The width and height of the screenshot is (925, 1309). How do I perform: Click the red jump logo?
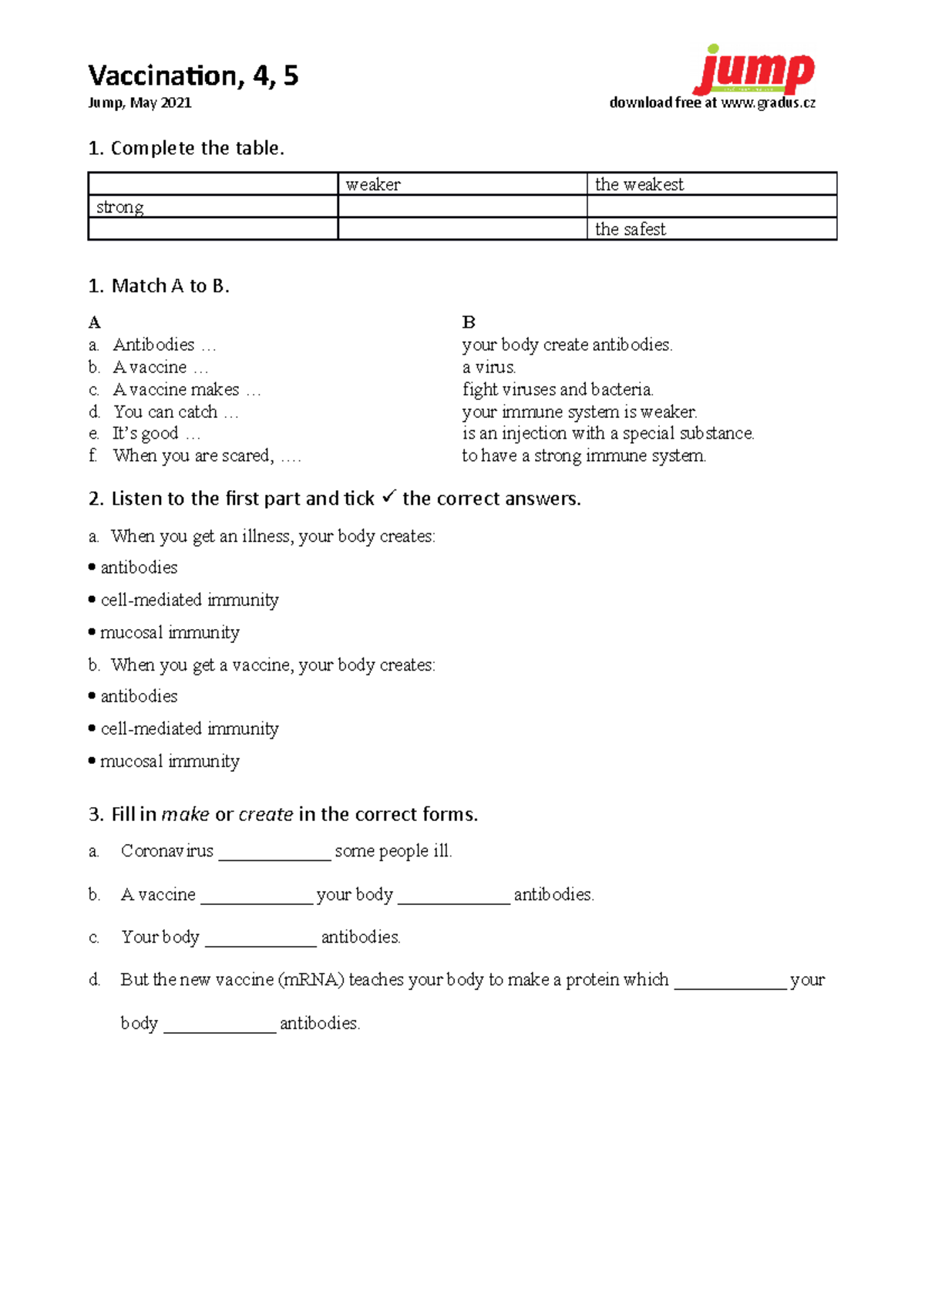pos(754,71)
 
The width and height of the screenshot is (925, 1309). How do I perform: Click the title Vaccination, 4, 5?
pos(193,76)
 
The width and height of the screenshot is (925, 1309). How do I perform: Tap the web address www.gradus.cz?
pos(768,103)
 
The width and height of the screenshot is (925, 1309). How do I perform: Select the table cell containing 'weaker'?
pos(462,184)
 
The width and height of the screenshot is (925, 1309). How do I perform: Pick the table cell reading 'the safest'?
pos(711,229)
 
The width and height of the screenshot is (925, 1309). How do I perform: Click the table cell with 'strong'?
pos(213,207)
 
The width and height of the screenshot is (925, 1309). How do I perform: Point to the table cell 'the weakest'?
pos(711,184)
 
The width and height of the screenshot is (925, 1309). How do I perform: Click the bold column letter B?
pos(469,322)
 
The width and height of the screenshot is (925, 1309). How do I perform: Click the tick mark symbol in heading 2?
pos(388,497)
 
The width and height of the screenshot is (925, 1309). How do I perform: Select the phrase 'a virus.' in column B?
pos(489,367)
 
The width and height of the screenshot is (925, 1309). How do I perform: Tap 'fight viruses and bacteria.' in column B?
pos(557,389)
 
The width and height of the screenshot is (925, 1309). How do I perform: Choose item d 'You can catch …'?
pos(176,412)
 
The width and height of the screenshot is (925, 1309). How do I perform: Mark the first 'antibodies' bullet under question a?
pos(138,567)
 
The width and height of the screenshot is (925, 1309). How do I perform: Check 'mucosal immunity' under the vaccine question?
pos(169,762)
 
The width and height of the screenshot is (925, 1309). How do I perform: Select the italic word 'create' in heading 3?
pos(265,814)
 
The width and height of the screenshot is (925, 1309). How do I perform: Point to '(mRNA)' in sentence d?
pos(311,980)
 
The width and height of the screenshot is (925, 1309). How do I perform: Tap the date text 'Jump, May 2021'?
pos(140,103)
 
